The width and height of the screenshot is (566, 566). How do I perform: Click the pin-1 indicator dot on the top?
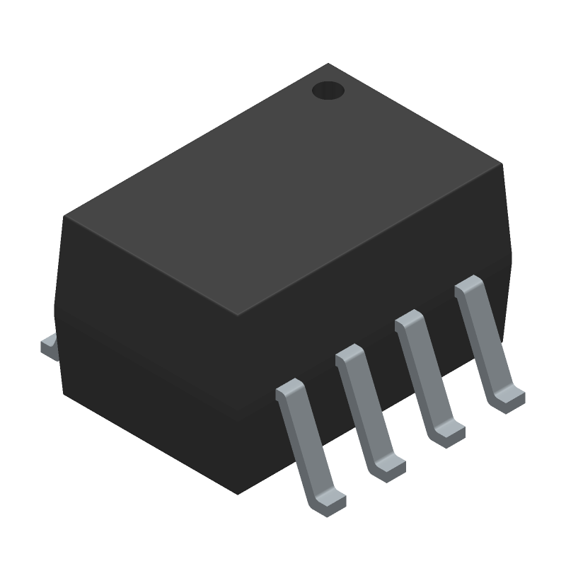click(x=328, y=90)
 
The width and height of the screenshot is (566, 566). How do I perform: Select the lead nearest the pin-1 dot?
click(x=487, y=340)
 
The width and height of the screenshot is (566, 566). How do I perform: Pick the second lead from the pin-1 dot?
click(x=427, y=375)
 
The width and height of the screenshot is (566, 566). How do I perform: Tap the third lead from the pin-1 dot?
click(x=368, y=410)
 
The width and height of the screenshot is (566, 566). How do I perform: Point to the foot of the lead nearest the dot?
click(x=508, y=400)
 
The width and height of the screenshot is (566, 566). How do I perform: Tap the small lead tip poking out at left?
click(x=48, y=347)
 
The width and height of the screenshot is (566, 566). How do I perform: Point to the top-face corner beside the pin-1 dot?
click(x=328, y=64)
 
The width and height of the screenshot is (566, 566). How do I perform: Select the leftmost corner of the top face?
click(x=65, y=216)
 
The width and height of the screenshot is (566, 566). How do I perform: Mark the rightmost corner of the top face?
click(x=502, y=164)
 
